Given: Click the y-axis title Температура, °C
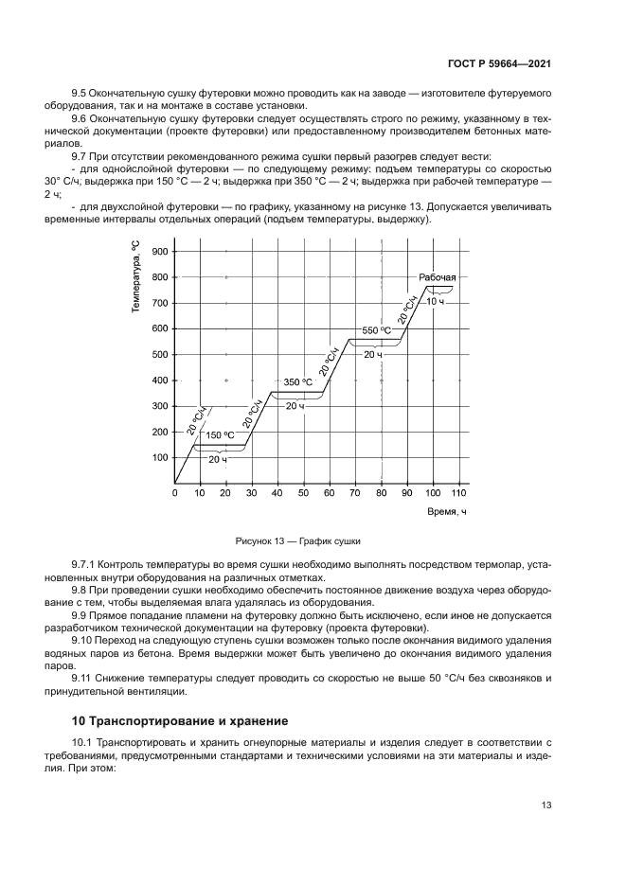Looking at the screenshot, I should pyautogui.click(x=136, y=276).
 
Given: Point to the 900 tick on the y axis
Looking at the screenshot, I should pyautogui.click(x=158, y=252).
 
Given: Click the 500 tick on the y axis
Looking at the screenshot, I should pyautogui.click(x=158, y=355).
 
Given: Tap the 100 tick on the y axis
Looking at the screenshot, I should pyautogui.click(x=158, y=458).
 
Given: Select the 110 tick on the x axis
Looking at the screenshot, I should pyautogui.click(x=458, y=493).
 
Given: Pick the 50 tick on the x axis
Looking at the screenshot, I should pyautogui.click(x=304, y=493).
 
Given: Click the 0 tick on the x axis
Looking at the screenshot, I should pyautogui.click(x=175, y=493).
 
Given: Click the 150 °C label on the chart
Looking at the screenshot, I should pyautogui.click(x=221, y=435).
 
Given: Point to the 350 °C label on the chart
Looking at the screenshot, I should pyautogui.click(x=297, y=382).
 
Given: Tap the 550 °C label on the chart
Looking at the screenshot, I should pyautogui.click(x=376, y=331).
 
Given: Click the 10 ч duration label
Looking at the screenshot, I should pyautogui.click(x=435, y=300).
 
